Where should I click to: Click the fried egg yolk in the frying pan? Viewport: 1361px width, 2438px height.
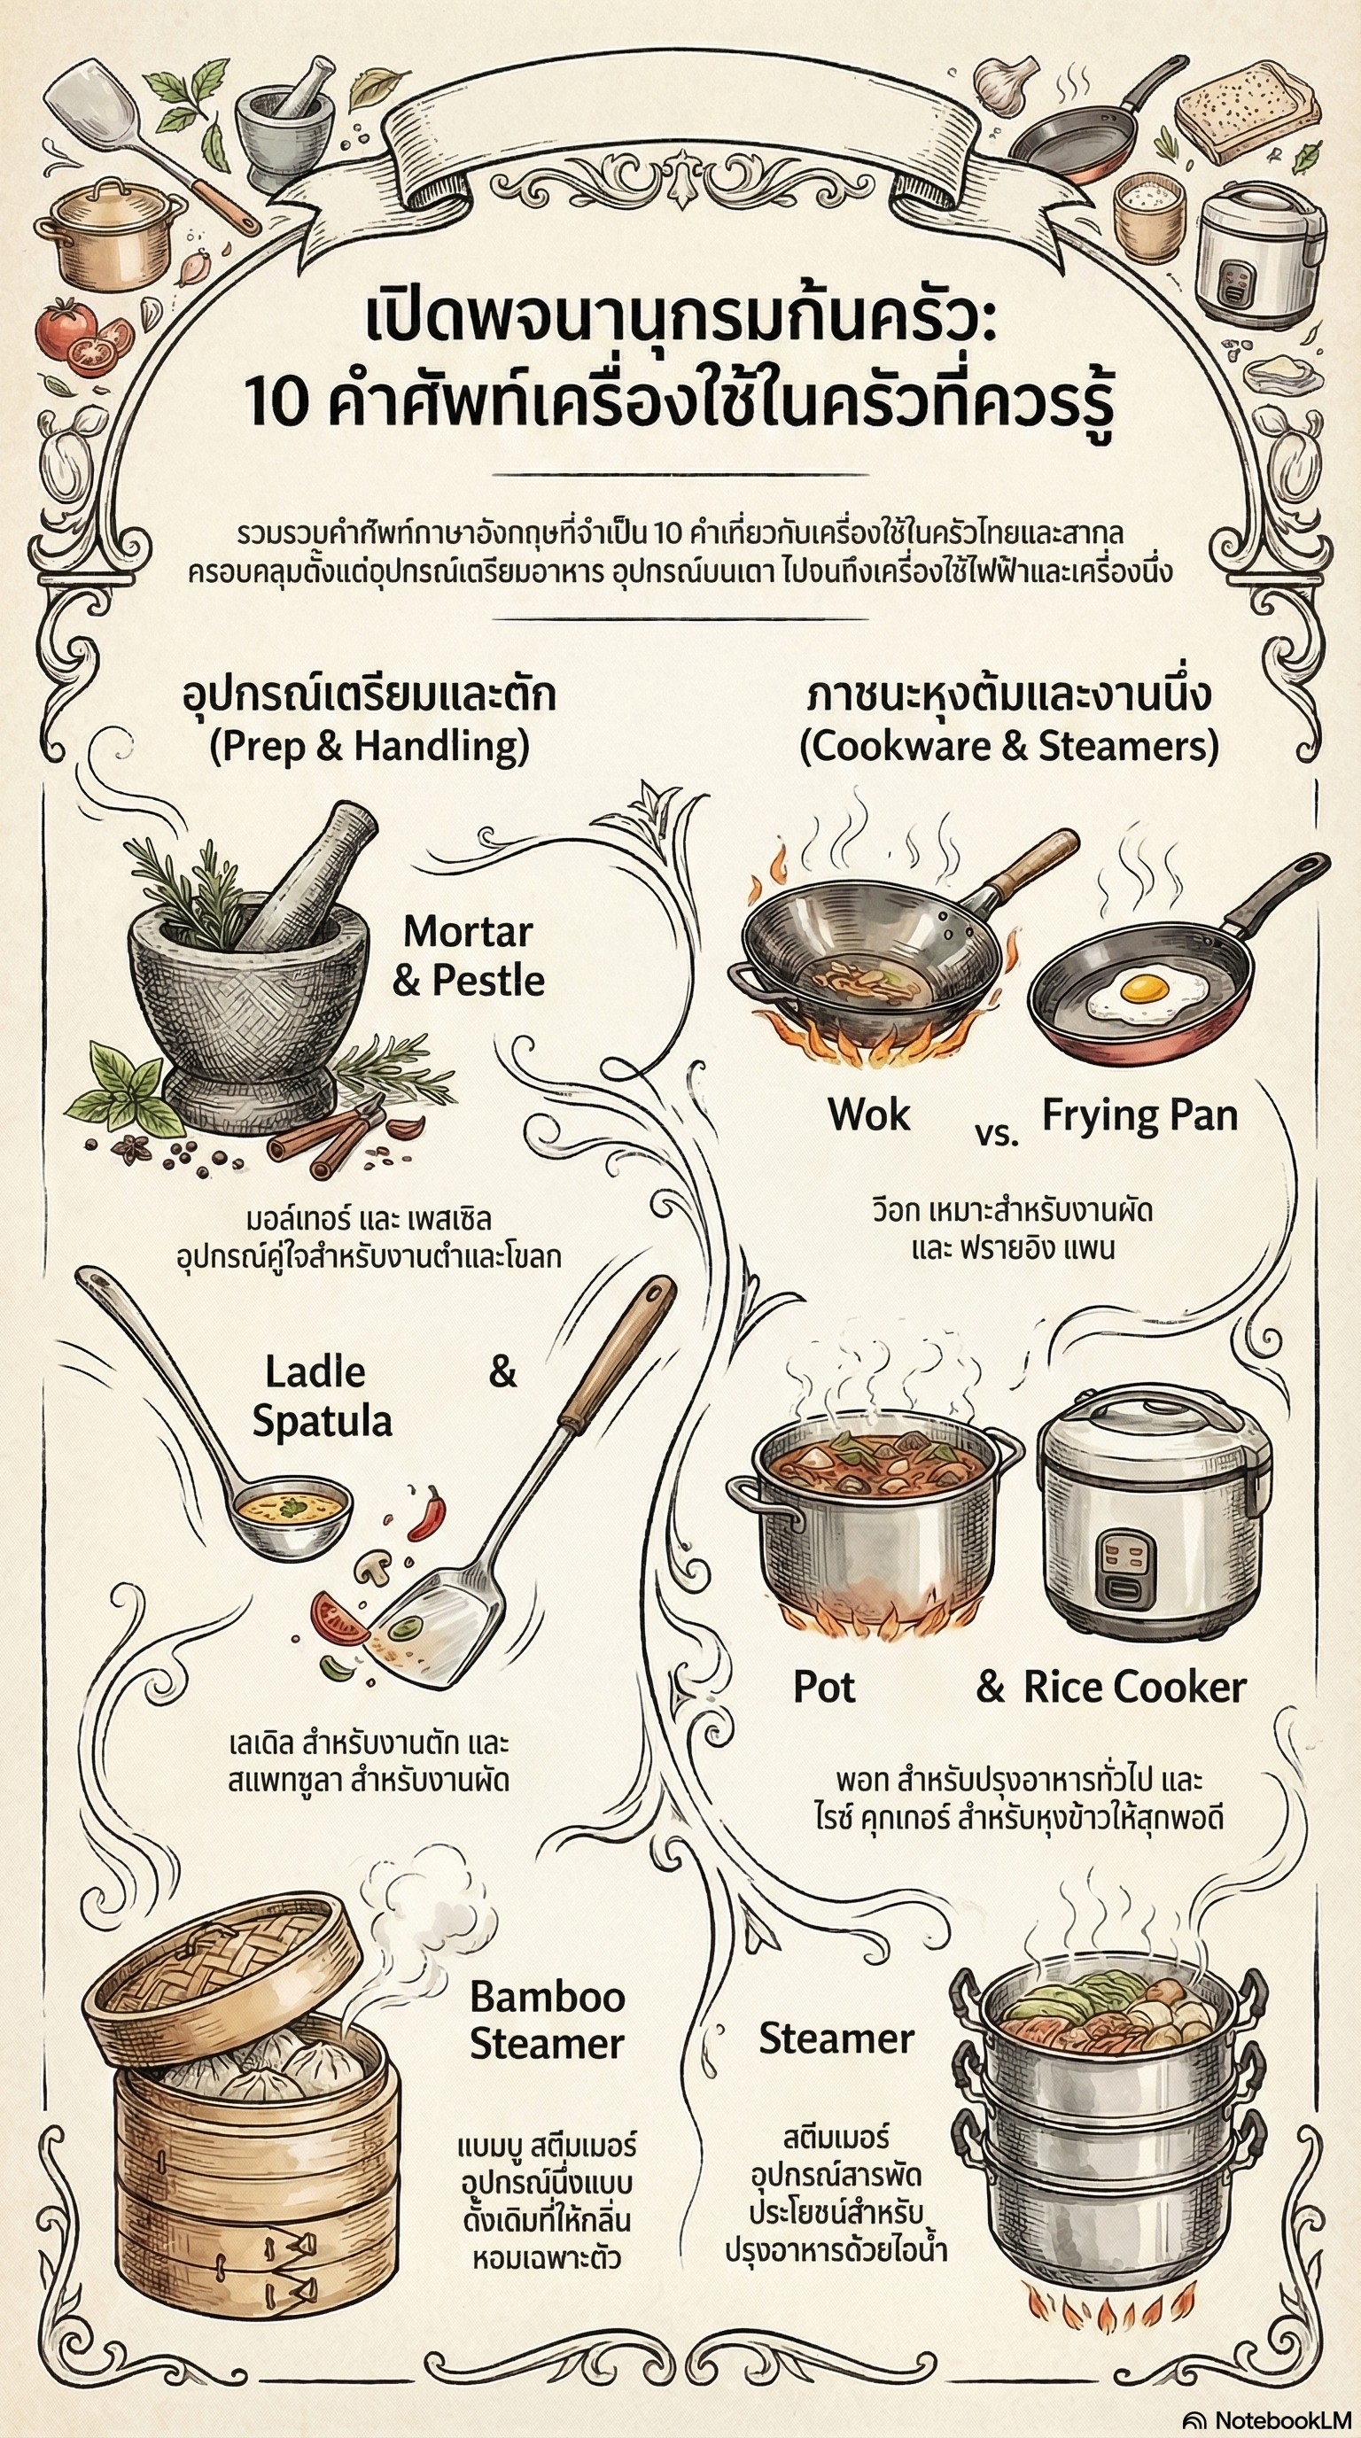click(x=1144, y=989)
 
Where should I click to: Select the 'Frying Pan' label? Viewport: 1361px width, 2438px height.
click(x=1139, y=1117)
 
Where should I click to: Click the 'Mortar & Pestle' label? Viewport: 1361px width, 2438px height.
click(x=469, y=956)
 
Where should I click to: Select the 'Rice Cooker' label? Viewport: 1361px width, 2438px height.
click(x=1134, y=1689)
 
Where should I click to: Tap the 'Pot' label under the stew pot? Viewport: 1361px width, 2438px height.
click(x=823, y=1689)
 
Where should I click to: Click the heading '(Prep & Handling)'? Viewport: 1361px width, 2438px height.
click(x=369, y=747)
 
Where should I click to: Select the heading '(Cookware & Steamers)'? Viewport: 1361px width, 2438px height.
click(x=1009, y=747)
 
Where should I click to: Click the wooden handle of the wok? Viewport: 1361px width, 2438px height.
click(x=1037, y=862)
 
